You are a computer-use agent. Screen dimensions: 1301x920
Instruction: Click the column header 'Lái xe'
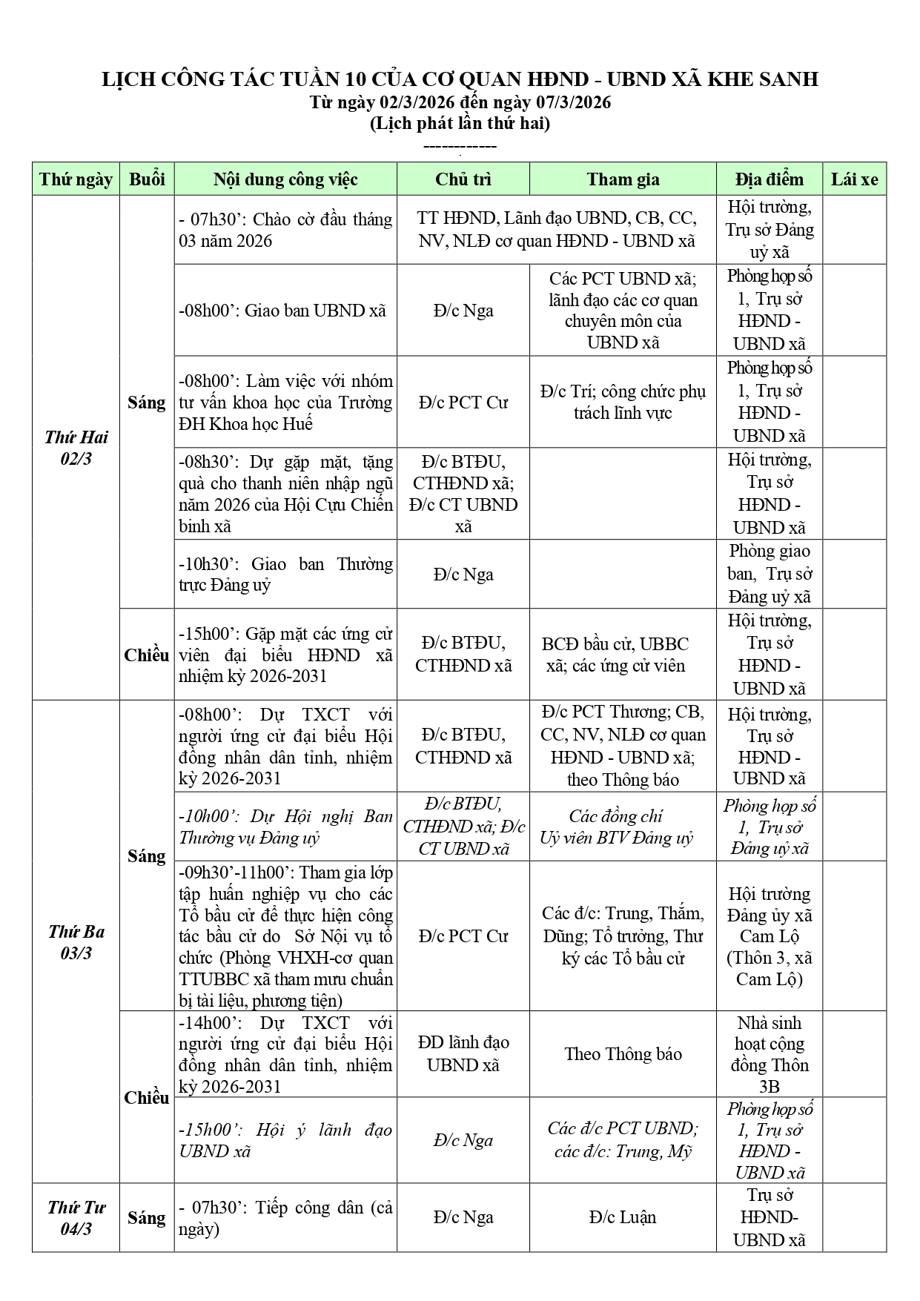coord(854,179)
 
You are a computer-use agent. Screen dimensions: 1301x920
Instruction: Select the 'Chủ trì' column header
coord(463,179)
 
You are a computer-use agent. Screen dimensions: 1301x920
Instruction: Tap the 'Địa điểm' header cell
coord(769,179)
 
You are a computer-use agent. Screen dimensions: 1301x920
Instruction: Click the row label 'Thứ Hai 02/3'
coord(76,448)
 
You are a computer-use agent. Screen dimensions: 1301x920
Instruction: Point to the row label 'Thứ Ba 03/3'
coord(76,942)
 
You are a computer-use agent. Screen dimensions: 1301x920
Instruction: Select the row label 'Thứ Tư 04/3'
coord(76,1218)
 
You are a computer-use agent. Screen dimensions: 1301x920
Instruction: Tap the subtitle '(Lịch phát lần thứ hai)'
coord(460,124)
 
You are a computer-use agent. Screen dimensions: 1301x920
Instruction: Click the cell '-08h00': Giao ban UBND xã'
coord(285,311)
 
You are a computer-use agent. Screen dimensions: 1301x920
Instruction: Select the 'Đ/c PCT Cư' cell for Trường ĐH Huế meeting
coord(463,403)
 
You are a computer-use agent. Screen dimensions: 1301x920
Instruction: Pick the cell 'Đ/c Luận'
coord(623,1217)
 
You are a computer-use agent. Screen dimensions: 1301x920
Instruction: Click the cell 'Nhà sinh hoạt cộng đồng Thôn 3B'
coord(769,1054)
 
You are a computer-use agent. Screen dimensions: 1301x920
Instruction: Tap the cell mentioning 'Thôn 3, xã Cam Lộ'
coord(769,936)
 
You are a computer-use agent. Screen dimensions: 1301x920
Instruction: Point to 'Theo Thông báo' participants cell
coord(623,1054)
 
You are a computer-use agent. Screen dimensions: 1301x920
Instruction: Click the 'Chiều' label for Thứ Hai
coord(146,655)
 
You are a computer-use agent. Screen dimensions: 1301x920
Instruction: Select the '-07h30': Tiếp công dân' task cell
coord(285,1218)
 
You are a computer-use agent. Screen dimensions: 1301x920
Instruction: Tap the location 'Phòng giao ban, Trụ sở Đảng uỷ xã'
coord(769,574)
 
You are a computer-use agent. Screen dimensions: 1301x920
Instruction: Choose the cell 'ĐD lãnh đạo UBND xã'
coord(463,1054)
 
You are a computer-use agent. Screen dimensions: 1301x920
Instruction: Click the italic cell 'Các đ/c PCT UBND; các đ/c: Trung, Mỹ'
coord(623,1140)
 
